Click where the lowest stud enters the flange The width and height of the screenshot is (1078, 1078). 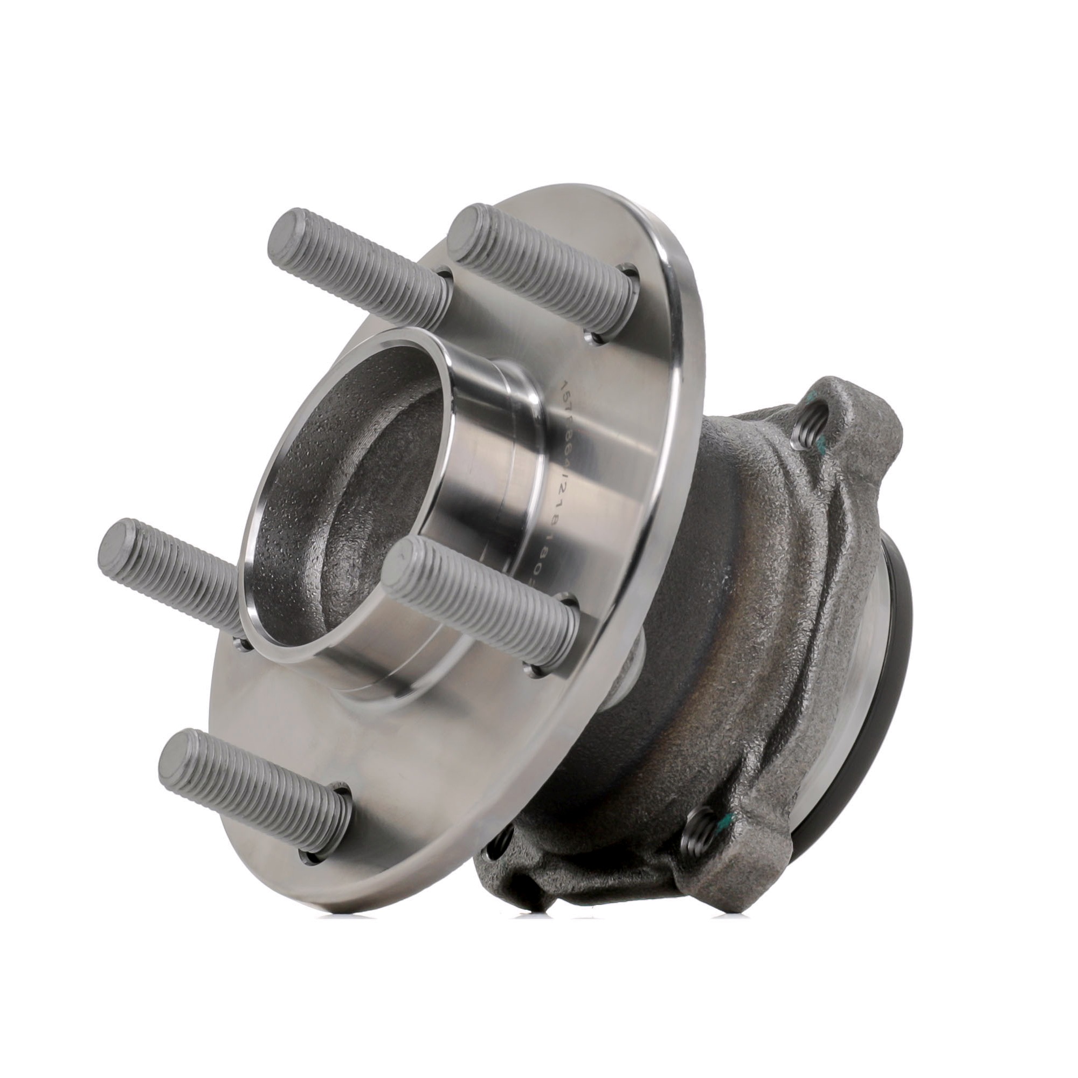coord(329,831)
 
